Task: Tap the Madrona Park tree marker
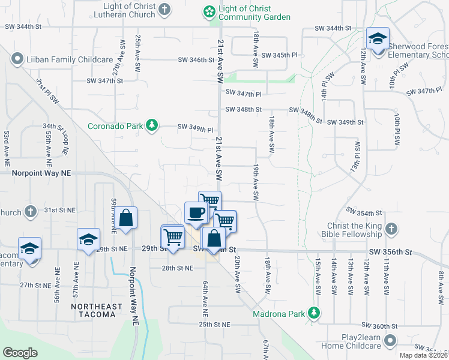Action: pos(313,313)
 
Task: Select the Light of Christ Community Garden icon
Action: pos(208,11)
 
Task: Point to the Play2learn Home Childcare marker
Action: pos(391,341)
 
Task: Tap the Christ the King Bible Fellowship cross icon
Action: pos(391,229)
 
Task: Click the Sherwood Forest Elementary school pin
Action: pos(378,40)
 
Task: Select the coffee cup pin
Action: pos(196,214)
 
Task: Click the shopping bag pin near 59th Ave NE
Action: pos(126,218)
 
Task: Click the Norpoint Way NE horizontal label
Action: pos(41,172)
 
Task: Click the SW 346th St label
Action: pos(196,59)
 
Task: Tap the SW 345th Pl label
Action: pos(284,55)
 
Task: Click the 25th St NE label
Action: pos(215,324)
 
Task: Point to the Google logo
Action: pos(20,352)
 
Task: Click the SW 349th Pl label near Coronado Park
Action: pos(195,128)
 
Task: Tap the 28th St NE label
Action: pos(177,268)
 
